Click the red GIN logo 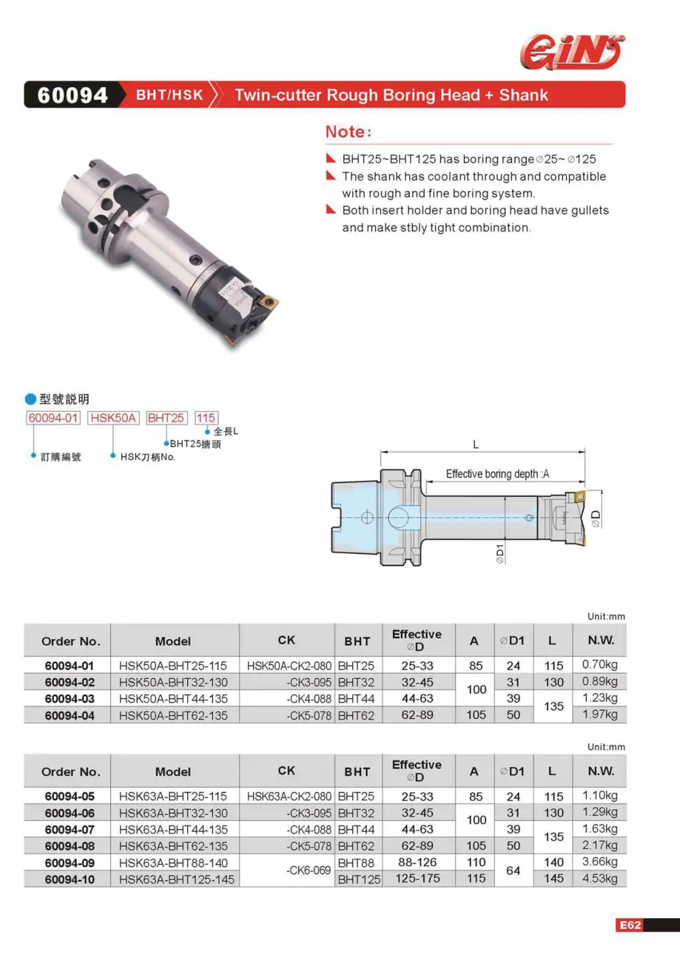pos(572,52)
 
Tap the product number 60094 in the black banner pos(72,95)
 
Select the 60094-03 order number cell pos(69,699)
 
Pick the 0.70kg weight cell pos(600,665)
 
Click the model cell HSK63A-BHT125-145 pos(177,879)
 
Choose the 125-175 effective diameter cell pos(418,879)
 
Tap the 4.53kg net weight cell pos(600,879)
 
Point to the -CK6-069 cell pos(309,870)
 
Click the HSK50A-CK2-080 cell pos(289,666)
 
